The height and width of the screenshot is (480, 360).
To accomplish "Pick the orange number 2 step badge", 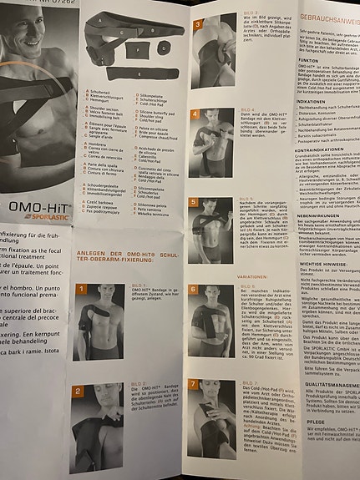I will (78, 391).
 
